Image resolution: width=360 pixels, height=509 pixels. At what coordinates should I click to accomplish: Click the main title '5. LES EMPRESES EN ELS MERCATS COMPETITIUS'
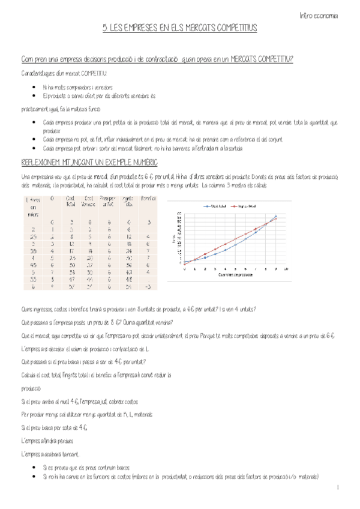coord(179,28)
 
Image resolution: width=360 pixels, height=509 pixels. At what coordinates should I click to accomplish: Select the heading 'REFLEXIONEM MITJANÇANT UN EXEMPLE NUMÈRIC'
coord(89,163)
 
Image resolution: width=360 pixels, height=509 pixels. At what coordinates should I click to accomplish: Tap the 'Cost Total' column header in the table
coord(70,201)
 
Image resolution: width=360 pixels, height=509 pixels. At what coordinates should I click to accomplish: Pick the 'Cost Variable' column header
coord(88,201)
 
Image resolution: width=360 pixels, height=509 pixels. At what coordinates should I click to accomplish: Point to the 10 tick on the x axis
coord(286,268)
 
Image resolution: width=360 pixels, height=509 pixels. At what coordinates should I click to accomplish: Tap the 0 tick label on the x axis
coord(185,268)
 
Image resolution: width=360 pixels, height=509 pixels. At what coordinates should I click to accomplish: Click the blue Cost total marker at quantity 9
coord(275,216)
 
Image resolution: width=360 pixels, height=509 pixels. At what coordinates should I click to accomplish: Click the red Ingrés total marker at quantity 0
coord(185,263)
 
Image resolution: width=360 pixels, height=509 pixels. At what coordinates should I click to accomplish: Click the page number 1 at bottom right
coord(338,487)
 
